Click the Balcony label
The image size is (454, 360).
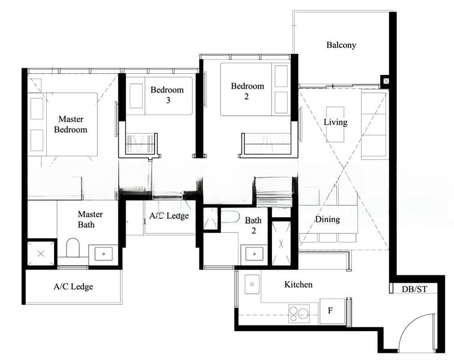click(341, 45)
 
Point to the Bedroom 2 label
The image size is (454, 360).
click(247, 91)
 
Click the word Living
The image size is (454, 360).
click(335, 122)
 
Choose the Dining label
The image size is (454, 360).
click(327, 220)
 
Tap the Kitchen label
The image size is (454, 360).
click(298, 284)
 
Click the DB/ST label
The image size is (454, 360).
click(414, 289)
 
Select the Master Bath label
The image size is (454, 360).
click(90, 220)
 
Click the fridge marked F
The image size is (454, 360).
click(330, 311)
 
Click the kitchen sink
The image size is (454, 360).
click(252, 284)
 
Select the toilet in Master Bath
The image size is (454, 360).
click(73, 248)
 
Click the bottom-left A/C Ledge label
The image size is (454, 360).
click(73, 287)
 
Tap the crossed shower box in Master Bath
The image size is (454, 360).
click(41, 253)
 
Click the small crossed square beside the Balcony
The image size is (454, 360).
click(385, 80)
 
